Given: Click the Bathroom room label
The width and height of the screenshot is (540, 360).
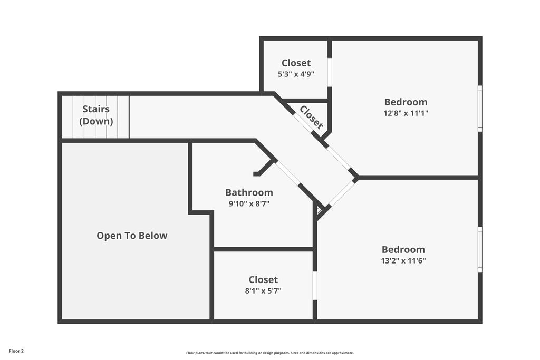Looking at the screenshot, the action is click(x=249, y=192).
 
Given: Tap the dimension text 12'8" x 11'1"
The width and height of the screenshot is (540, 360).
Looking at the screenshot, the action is click(x=406, y=113).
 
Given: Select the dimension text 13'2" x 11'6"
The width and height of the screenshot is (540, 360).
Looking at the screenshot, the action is click(x=403, y=260).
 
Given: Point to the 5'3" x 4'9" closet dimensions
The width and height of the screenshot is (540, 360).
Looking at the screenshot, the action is click(x=296, y=74).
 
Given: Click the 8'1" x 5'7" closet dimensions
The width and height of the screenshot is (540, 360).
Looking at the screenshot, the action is click(x=263, y=291).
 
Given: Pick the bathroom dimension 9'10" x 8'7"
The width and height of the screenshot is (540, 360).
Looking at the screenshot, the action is click(x=249, y=204).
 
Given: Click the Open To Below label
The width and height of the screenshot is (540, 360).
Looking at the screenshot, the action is click(x=132, y=236).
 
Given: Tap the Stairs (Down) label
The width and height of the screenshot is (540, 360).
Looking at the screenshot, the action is click(x=96, y=115).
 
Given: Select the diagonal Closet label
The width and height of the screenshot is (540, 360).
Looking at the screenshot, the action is click(x=311, y=117).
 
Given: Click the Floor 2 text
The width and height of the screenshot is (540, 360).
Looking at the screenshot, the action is click(x=16, y=351).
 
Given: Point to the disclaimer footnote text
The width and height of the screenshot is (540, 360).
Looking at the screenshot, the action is click(x=270, y=353).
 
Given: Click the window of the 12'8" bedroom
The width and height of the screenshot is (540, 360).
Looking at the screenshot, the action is click(x=480, y=109).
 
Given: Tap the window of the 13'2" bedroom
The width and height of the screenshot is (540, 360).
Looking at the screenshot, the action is click(x=480, y=249).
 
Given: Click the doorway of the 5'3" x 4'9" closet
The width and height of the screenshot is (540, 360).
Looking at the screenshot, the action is click(x=330, y=72).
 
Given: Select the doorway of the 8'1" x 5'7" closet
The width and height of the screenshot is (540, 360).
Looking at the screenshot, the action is click(x=315, y=285).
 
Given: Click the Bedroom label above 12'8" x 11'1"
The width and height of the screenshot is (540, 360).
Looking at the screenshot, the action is click(x=406, y=102).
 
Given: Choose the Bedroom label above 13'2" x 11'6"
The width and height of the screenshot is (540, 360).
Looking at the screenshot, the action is click(x=403, y=249).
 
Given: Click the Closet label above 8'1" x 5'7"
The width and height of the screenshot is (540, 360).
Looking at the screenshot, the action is click(x=263, y=279).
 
